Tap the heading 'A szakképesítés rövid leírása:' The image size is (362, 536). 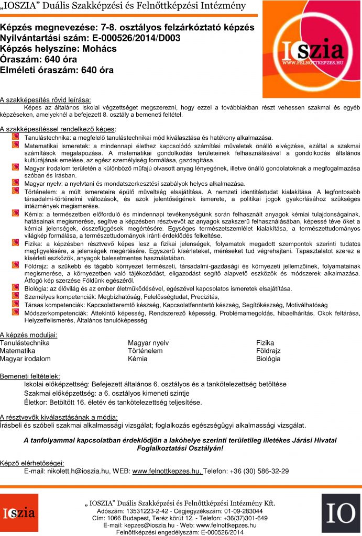pyautogui.click(x=45, y=99)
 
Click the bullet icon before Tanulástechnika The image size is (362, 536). pyautogui.click(x=16, y=136)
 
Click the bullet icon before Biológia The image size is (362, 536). pyautogui.click(x=16, y=288)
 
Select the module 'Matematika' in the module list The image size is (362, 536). pyautogui.click(x=17, y=351)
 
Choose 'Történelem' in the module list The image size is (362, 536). pyautogui.click(x=145, y=351)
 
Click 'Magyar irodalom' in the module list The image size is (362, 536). pyautogui.click(x=25, y=359)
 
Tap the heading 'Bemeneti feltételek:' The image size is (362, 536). pyautogui.click(x=30, y=376)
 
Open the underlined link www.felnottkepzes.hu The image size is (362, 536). pyautogui.click(x=167, y=471)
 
